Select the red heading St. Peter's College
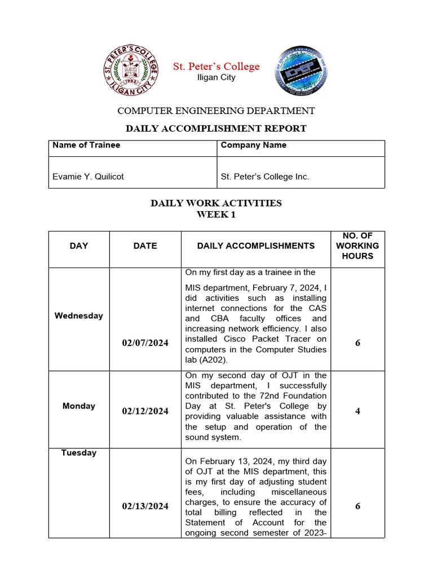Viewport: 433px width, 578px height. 216,67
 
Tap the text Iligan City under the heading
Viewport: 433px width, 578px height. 216,77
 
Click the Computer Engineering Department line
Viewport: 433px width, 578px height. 216,111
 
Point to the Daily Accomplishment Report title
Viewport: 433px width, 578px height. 216,128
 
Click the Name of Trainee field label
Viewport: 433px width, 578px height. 86,145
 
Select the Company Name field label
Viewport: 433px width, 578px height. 253,145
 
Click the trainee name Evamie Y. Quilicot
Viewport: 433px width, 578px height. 88,177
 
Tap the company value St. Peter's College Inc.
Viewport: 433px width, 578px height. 264,177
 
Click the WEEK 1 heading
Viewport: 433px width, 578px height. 216,214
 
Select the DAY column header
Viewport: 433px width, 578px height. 79,246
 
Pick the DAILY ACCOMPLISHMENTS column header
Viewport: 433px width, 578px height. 255,246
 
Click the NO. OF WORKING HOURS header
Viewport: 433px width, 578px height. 357,246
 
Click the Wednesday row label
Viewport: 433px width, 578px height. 79,316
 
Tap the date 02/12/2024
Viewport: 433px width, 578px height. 145,411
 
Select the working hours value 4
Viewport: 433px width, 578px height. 357,411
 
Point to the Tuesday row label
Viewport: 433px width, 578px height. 79,453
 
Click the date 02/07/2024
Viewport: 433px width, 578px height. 145,343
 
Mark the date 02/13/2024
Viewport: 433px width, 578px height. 145,506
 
